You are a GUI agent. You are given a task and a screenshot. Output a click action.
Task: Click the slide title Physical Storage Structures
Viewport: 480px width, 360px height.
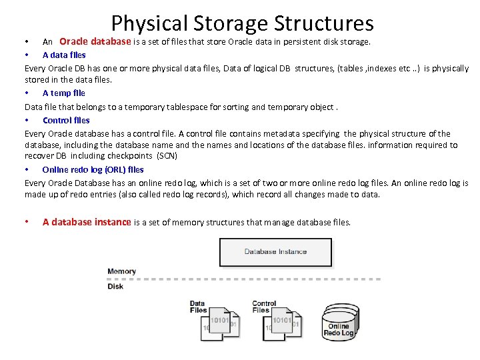pyautogui.click(x=242, y=23)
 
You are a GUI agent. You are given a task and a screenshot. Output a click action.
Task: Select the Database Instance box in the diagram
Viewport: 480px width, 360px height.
pyautogui.click(x=275, y=252)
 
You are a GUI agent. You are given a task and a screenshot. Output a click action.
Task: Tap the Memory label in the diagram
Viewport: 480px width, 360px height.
pyautogui.click(x=121, y=271)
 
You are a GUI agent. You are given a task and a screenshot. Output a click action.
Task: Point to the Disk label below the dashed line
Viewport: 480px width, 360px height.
pyautogui.click(x=115, y=286)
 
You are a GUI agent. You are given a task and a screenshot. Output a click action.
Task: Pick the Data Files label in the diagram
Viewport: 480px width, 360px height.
pyautogui.click(x=198, y=307)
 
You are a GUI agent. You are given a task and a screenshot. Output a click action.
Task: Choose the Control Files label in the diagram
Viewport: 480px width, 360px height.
pyautogui.click(x=264, y=307)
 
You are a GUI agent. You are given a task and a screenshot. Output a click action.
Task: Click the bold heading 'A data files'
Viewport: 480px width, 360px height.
pyautogui.click(x=64, y=55)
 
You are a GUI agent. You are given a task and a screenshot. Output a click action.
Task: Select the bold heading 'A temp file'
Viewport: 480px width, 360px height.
pyautogui.click(x=63, y=93)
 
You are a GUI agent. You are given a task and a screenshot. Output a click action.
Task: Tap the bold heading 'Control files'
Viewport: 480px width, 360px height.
pyautogui.click(x=66, y=120)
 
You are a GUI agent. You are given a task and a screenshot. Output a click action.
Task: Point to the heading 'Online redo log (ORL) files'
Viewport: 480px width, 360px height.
pyautogui.click(x=93, y=169)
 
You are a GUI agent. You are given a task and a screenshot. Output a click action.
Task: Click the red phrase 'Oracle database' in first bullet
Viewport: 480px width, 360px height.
pyautogui.click(x=95, y=41)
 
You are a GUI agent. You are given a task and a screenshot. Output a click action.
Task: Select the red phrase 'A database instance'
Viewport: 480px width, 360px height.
pyautogui.click(x=87, y=222)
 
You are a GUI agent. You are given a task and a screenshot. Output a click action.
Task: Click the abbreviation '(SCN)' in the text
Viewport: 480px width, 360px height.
pyautogui.click(x=167, y=156)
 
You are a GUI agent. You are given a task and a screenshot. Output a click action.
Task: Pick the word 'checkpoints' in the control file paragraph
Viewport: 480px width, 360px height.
pyautogui.click(x=131, y=156)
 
